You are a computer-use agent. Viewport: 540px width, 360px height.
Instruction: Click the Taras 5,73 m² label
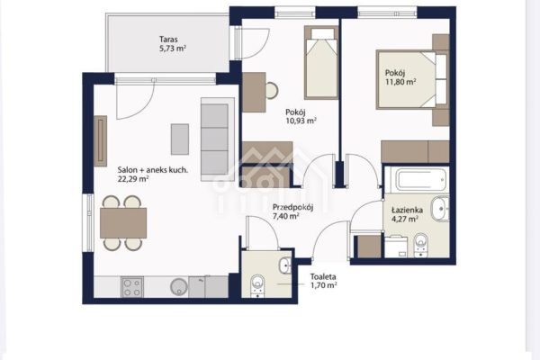pos(173,44)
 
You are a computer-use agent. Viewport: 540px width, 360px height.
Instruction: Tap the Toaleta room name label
pos(323,276)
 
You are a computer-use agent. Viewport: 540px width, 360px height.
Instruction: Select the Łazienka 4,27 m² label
pos(407,214)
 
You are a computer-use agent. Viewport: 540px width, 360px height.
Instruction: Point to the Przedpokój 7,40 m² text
pos(292,211)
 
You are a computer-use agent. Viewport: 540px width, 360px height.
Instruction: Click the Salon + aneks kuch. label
pos(153,170)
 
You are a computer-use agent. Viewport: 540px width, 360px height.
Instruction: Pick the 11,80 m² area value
pos(400,82)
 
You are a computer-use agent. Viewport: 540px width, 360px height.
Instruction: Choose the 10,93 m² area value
pos(301,121)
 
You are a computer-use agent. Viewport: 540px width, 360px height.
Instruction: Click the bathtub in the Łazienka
pos(421,180)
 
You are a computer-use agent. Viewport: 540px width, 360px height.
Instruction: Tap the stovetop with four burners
pos(132,287)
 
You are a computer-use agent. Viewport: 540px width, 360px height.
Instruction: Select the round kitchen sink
pos(179,286)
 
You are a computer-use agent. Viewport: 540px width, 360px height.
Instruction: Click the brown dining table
pos(123,223)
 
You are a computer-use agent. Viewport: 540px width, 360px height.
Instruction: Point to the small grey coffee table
pos(180,139)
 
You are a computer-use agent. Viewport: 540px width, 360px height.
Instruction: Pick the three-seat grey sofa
pos(218,139)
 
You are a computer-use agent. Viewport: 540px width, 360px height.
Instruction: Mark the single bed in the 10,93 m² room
pos(321,63)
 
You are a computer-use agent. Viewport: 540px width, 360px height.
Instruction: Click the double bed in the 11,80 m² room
pos(412,79)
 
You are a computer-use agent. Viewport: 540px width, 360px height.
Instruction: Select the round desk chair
pos(272,91)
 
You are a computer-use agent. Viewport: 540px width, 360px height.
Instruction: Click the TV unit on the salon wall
pos(101,141)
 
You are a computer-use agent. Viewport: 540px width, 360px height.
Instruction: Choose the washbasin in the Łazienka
pos(440,209)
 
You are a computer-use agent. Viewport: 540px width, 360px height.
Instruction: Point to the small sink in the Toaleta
pos(285,265)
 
